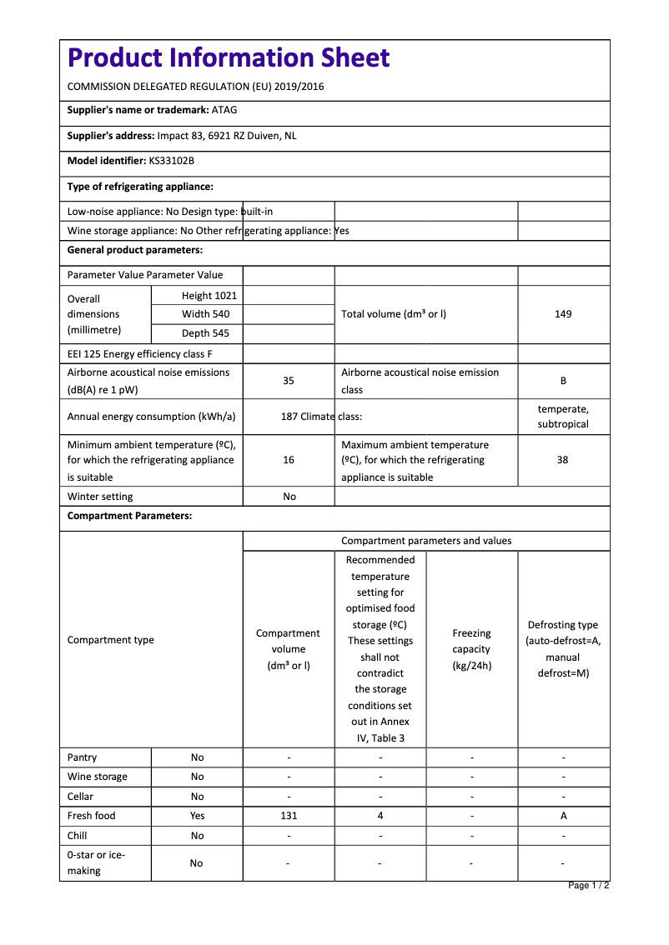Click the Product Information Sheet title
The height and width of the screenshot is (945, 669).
click(229, 57)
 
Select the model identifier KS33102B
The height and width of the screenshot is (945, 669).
click(171, 161)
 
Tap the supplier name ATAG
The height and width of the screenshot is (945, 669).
click(224, 110)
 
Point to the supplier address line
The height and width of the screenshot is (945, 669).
click(182, 136)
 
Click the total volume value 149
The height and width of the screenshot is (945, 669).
click(563, 314)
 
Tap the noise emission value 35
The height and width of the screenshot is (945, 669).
click(289, 381)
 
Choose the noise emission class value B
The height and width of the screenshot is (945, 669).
click(563, 381)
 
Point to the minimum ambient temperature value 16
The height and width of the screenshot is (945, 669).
click(289, 460)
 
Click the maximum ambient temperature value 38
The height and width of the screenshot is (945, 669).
click(563, 460)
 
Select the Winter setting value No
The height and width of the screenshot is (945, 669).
click(289, 497)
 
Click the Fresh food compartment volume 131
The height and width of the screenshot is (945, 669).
click(289, 816)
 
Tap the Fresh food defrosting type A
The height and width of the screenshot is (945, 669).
click(564, 816)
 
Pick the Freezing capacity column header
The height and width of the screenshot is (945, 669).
click(472, 649)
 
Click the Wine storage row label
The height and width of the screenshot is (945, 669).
click(98, 777)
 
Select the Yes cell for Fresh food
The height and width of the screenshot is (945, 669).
click(197, 816)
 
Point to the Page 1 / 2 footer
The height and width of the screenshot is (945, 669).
click(588, 885)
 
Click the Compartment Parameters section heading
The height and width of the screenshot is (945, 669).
click(129, 516)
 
